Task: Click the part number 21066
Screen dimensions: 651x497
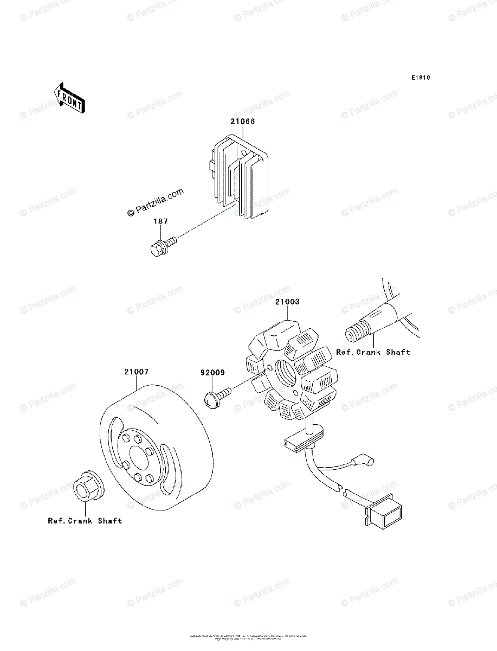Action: [x=242, y=122]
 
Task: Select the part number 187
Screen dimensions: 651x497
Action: [x=160, y=221]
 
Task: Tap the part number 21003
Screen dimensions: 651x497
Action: [x=287, y=302]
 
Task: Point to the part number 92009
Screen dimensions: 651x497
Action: [x=212, y=373]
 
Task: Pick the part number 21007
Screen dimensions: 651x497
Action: [x=136, y=372]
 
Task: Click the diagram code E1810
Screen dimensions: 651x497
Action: [x=420, y=78]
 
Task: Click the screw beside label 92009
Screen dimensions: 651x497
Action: [x=217, y=395]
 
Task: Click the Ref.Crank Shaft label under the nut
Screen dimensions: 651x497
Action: [x=85, y=521]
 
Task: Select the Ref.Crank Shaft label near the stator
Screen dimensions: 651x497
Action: [x=373, y=352]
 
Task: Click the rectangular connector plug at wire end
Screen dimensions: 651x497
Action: [x=386, y=511]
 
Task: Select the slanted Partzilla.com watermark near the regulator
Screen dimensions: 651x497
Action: [x=155, y=202]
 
